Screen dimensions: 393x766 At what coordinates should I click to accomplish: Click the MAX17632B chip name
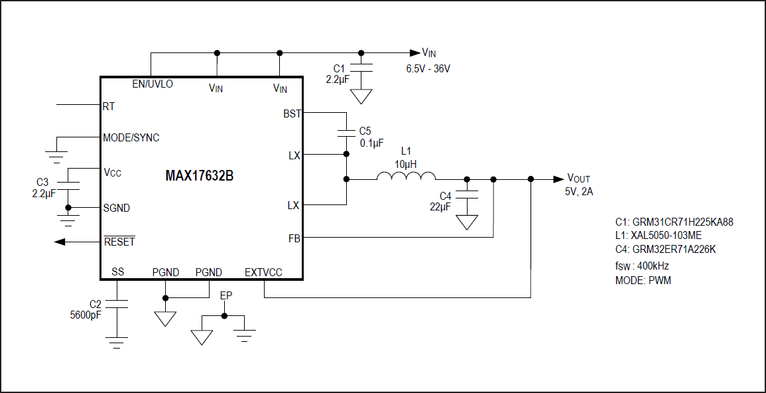coord(199,177)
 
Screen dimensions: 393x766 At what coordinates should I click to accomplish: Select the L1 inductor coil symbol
coord(406,176)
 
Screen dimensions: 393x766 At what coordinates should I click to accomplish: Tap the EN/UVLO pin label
coord(153,84)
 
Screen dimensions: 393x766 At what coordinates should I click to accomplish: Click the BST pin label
coord(292,114)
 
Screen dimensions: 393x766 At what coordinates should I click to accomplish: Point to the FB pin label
coord(294,236)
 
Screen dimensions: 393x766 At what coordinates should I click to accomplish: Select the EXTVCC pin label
coord(263,272)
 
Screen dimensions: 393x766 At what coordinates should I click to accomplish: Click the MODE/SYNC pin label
coord(131,137)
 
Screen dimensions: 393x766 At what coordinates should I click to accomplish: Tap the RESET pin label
coord(119,242)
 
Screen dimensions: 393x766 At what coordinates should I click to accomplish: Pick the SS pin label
coord(118,272)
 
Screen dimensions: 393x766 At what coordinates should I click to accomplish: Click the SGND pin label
coord(117,208)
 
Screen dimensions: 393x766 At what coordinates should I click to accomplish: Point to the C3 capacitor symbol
coord(68,185)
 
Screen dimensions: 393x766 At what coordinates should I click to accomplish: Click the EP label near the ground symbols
coord(225,295)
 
